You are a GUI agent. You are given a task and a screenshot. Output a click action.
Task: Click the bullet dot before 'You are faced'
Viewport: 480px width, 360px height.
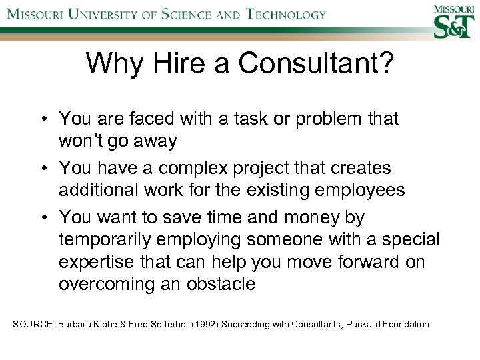pyautogui.click(x=41, y=119)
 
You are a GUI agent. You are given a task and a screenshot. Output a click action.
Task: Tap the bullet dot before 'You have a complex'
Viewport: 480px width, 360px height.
pyautogui.click(x=41, y=169)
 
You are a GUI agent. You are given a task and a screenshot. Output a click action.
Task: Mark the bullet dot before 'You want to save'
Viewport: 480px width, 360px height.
pyautogui.click(x=41, y=218)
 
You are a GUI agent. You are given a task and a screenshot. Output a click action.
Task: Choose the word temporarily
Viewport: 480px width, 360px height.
pyautogui.click(x=112, y=240)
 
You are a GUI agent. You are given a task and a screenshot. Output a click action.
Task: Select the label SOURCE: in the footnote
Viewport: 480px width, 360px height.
pyautogui.click(x=34, y=325)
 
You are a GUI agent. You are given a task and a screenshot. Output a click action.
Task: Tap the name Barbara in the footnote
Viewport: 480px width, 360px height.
pyautogui.click(x=76, y=325)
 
